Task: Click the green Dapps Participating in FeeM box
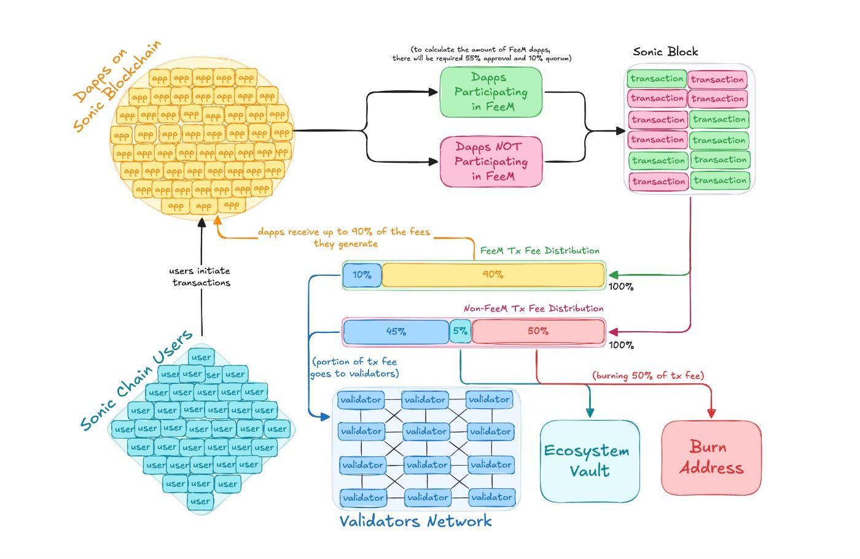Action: [491, 92]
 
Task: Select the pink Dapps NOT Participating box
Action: [491, 162]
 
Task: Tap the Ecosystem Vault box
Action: [589, 461]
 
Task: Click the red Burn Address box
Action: [711, 458]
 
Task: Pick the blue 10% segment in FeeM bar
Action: [362, 275]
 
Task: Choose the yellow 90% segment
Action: [493, 275]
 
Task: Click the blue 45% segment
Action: [396, 332]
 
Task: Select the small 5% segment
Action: [460, 331]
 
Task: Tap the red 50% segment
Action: [538, 331]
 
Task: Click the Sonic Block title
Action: [665, 52]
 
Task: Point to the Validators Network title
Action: [415, 522]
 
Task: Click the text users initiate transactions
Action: [201, 276]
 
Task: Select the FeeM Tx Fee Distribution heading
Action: [539, 251]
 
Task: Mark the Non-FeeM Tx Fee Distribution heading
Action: [533, 308]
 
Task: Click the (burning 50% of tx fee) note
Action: [648, 375]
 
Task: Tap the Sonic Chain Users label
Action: [136, 381]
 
